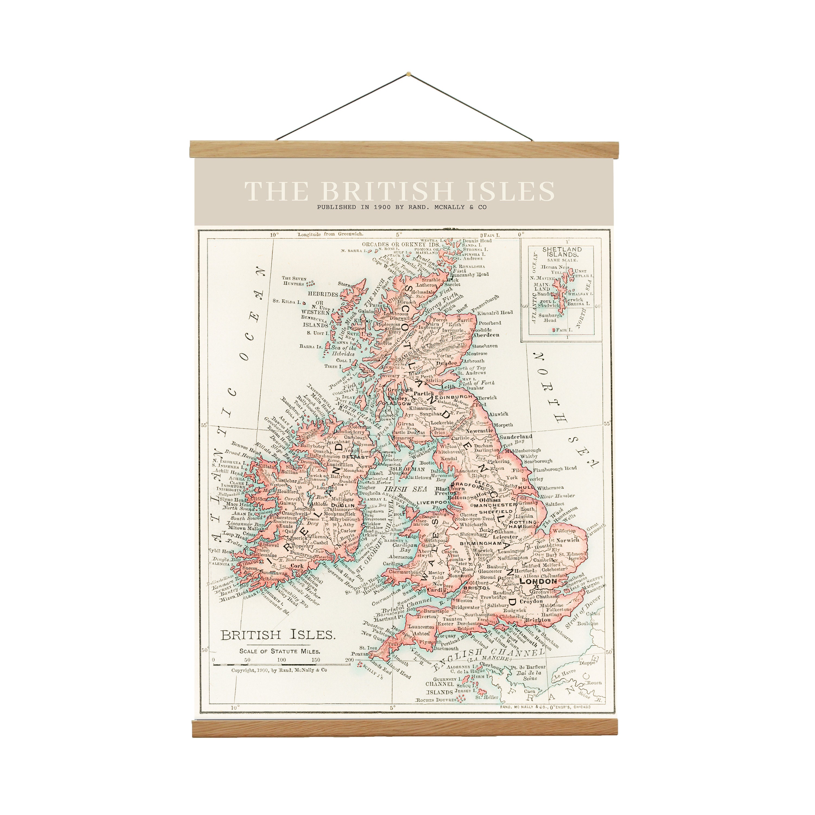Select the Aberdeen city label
click(486, 335)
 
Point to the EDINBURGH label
click(453, 397)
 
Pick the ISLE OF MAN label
click(400, 469)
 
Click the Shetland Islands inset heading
click(562, 252)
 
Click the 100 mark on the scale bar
click(281, 660)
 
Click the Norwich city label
click(568, 540)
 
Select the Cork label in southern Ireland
click(297, 566)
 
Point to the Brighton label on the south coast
click(539, 620)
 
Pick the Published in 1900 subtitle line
click(402, 207)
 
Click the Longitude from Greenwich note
click(330, 234)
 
